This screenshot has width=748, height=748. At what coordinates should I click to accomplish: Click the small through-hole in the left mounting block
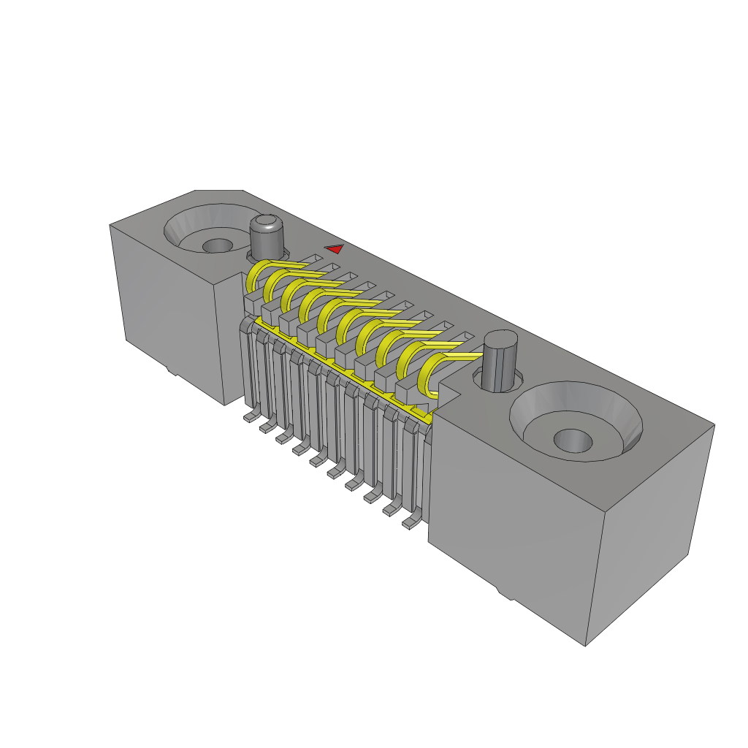[x=216, y=245]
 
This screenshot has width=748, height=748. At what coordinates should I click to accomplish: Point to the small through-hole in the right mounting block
[x=573, y=440]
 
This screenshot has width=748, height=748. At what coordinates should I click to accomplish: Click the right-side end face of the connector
[x=650, y=533]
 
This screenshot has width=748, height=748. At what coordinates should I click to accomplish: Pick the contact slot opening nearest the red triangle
[x=316, y=259]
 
